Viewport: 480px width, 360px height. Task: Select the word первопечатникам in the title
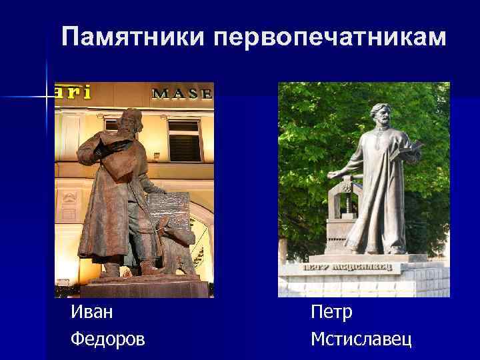click(x=328, y=37)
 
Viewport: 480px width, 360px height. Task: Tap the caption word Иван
click(x=91, y=312)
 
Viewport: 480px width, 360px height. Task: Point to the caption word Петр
click(x=331, y=312)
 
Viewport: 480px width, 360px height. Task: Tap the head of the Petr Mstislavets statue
click(x=379, y=114)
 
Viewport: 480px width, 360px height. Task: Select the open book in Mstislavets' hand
click(x=410, y=147)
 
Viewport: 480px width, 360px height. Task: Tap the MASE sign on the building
click(x=183, y=93)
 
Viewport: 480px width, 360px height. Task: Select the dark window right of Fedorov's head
click(x=184, y=140)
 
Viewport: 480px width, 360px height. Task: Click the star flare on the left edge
click(x=47, y=97)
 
